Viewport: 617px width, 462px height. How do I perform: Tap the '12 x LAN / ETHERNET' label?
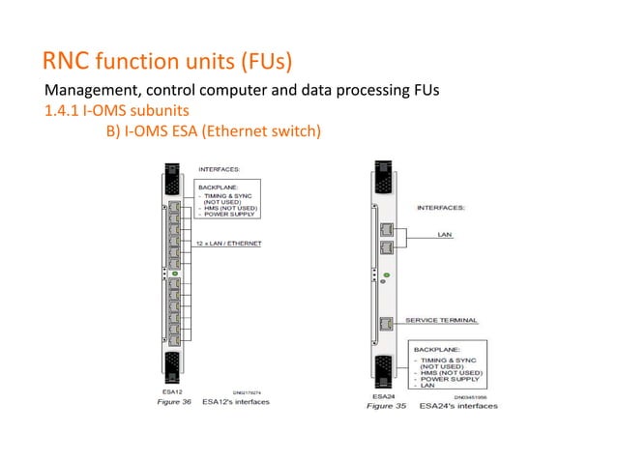tap(232, 244)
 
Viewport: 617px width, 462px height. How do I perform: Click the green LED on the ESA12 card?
tap(174, 275)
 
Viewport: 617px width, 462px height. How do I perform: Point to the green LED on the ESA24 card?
tap(385, 276)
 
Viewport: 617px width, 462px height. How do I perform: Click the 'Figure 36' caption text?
tap(172, 401)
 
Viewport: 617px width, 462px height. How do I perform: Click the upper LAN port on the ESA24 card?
tap(386, 230)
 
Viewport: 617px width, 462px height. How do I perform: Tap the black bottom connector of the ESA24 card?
tap(384, 369)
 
